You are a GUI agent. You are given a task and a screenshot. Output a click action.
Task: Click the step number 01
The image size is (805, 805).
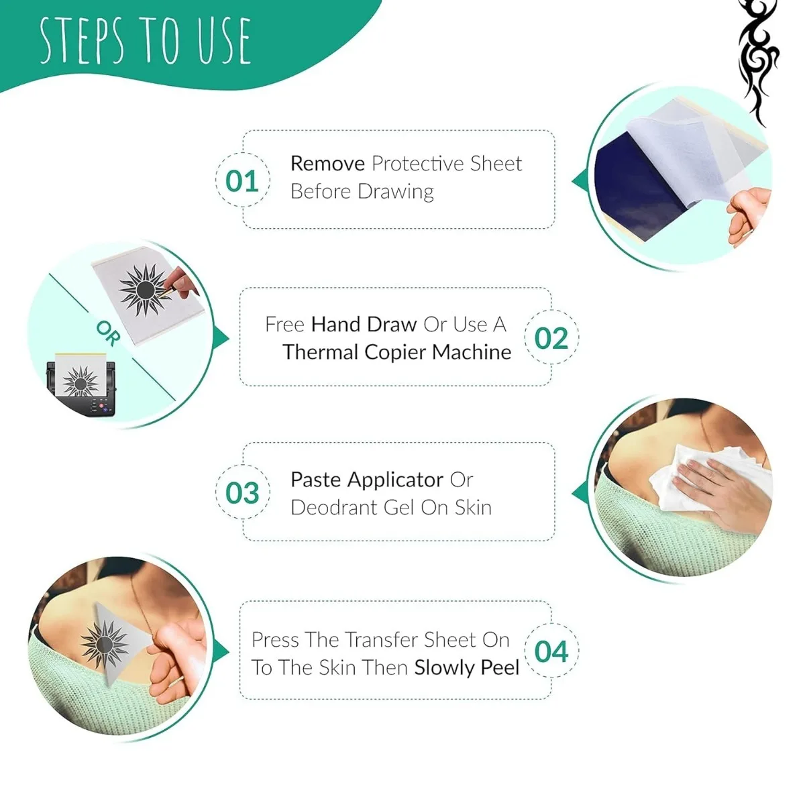[241, 181]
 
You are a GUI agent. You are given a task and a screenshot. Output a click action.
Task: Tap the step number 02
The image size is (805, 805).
[551, 338]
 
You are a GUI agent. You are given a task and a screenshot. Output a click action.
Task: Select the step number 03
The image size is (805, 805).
[241, 493]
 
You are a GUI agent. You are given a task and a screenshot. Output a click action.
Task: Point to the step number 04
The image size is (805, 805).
[551, 651]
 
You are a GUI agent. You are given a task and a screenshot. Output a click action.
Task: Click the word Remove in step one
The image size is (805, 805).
[327, 164]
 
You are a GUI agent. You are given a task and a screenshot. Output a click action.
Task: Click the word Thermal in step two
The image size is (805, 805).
[321, 352]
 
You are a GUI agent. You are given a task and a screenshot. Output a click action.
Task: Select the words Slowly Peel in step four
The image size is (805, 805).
[467, 668]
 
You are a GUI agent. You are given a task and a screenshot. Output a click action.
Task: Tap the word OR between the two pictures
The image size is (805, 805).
[108, 333]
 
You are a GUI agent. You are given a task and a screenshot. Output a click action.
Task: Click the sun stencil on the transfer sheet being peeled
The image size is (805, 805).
[104, 643]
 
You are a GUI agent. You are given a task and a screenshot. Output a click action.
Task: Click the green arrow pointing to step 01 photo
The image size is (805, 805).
[579, 181]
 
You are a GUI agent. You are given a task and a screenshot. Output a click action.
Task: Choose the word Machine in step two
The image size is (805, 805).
[472, 352]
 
